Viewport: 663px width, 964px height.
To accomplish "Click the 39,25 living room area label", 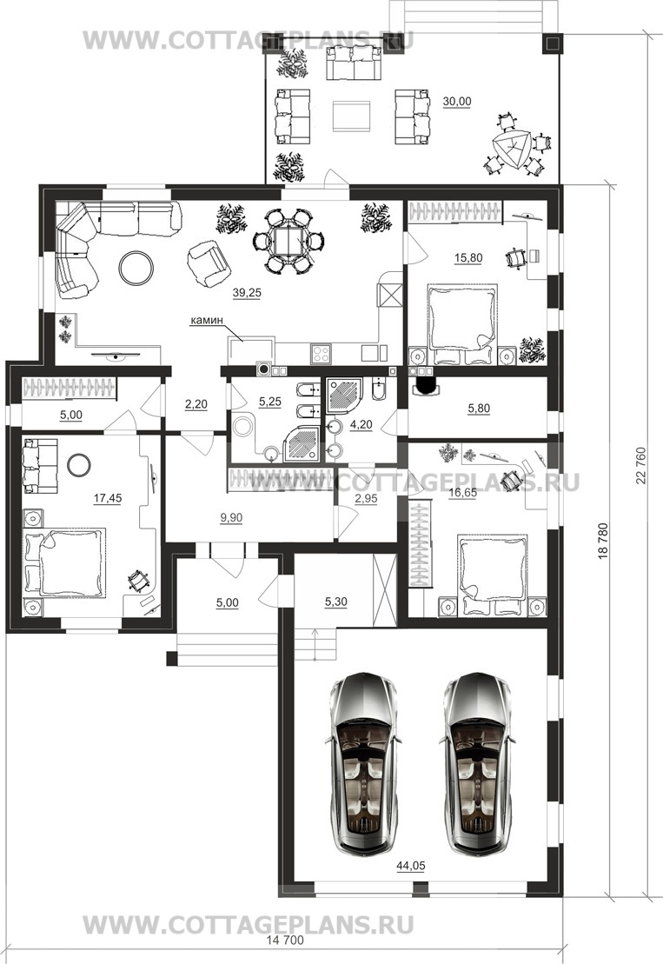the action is tap(247, 293).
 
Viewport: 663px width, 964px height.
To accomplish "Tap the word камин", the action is tap(206, 320).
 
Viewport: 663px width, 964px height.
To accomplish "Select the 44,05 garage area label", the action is tap(410, 866).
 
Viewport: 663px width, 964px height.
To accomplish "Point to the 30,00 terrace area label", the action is tap(456, 102).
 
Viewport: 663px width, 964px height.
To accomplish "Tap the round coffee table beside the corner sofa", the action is tap(136, 268).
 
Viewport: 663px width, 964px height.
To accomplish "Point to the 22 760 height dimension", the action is tap(641, 466).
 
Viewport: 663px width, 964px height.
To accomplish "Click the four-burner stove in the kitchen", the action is tap(322, 353).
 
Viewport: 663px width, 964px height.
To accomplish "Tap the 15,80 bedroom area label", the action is tap(468, 258).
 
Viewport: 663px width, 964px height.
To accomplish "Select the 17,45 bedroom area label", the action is tap(108, 499).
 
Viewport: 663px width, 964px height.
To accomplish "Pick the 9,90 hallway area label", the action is tap(231, 518).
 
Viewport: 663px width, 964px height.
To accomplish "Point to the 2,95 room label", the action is tap(366, 499).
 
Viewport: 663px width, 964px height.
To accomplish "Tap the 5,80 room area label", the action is tap(480, 409).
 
